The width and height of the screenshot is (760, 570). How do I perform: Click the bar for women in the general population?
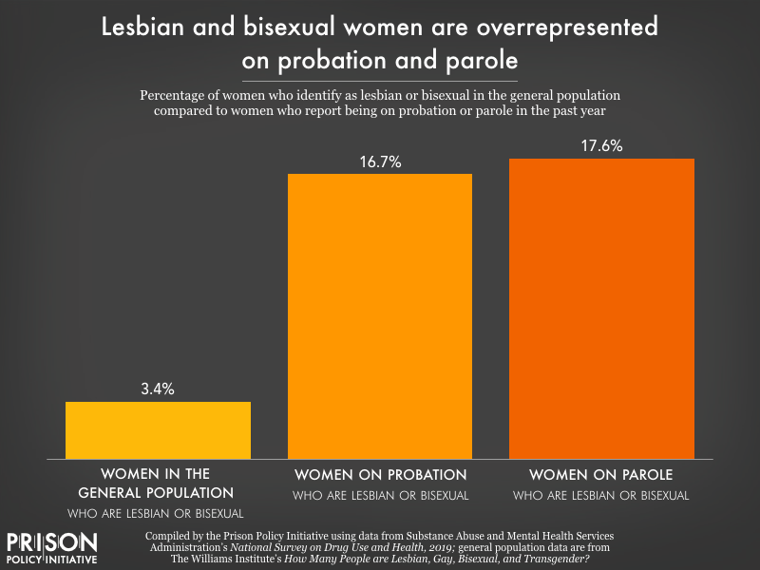click(158, 430)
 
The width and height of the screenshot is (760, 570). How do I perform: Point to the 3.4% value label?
click(158, 389)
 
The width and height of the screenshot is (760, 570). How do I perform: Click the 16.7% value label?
click(380, 161)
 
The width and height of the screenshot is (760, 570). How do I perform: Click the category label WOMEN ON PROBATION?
click(380, 474)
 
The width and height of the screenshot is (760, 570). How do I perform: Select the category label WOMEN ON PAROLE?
click(602, 474)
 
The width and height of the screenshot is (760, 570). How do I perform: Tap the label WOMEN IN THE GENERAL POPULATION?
click(158, 484)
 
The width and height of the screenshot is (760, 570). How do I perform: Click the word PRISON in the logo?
click(52, 542)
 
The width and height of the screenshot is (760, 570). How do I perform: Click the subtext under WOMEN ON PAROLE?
click(602, 495)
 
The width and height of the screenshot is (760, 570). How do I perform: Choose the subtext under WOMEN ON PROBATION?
click(380, 495)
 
